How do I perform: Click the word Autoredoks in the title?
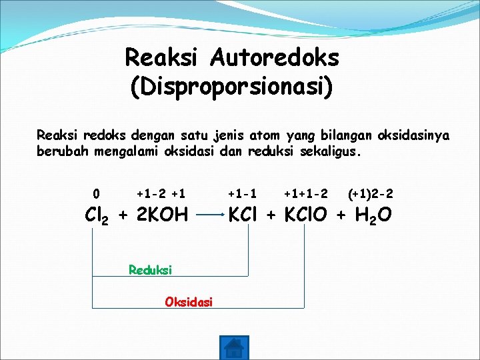pos(274,58)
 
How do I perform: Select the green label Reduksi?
pos(150,270)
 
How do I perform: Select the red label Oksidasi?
pos(189,302)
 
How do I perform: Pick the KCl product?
pos(246,215)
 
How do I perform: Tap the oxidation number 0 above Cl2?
pos(97,194)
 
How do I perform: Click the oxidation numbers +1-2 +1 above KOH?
pos(161,194)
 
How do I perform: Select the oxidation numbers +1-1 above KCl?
pos(243,194)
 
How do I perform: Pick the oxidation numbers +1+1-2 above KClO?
pos(305,194)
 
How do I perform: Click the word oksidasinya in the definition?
pos(413,135)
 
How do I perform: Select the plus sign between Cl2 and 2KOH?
pos(123,215)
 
